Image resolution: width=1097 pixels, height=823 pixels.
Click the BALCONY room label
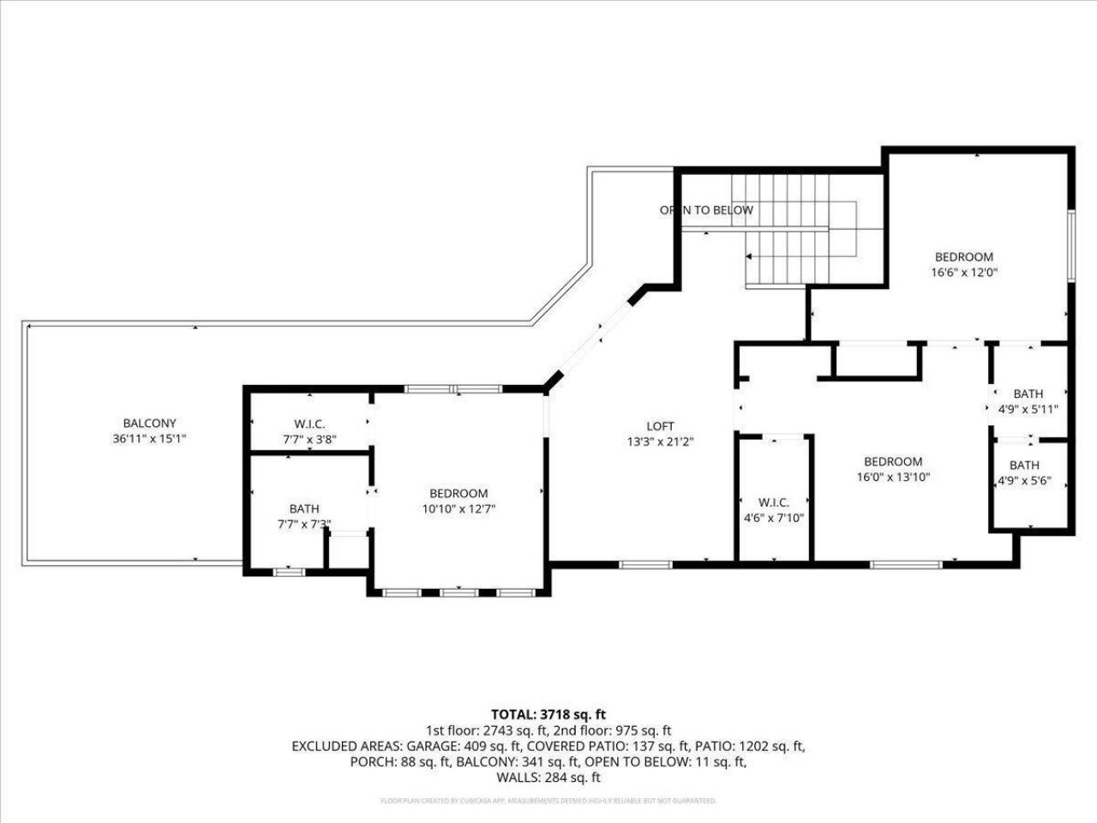click(x=149, y=423)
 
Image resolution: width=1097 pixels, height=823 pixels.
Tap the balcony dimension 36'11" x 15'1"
click(x=149, y=438)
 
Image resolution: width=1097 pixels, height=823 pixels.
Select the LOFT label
click(x=660, y=426)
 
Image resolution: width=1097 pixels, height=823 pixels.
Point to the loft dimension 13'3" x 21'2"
click(x=660, y=442)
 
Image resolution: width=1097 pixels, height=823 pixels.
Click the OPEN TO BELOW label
click(x=706, y=210)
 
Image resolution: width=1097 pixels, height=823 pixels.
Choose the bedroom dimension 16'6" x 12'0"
click(x=964, y=273)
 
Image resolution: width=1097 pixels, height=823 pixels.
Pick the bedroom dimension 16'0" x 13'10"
click(x=893, y=478)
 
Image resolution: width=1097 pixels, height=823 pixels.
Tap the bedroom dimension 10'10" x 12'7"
click(x=459, y=508)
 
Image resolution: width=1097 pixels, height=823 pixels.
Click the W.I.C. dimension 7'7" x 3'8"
click(x=309, y=439)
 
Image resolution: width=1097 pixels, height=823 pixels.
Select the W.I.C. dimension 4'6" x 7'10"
click(x=773, y=518)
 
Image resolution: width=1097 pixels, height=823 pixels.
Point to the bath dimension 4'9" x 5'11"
click(x=1028, y=409)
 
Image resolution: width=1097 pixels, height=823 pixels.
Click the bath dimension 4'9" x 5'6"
click(x=1024, y=481)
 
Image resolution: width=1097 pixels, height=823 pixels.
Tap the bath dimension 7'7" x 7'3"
click(x=303, y=524)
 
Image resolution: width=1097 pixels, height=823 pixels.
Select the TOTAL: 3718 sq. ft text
click(x=548, y=714)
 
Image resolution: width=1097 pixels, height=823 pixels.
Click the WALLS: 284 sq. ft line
click(x=548, y=778)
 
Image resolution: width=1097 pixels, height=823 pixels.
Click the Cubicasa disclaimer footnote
click(x=548, y=801)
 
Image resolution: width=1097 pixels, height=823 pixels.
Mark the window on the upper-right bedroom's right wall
click(x=1070, y=243)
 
